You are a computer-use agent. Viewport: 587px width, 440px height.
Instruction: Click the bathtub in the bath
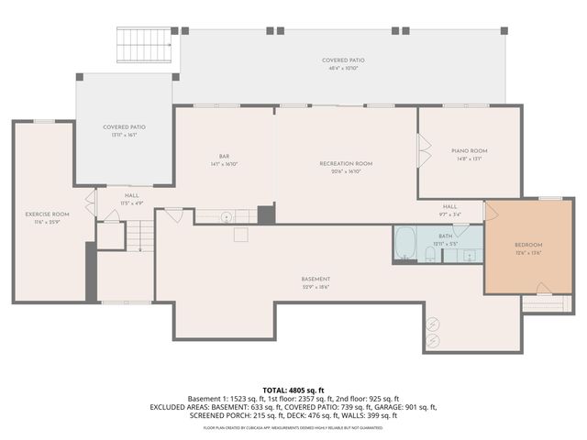[x=405, y=243]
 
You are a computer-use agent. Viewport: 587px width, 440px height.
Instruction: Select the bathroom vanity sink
[x=469, y=254]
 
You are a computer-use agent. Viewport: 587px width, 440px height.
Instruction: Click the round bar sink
[x=227, y=216]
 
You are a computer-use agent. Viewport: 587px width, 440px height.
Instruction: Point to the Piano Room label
[x=468, y=150]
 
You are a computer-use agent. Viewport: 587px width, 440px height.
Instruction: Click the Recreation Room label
[x=345, y=163]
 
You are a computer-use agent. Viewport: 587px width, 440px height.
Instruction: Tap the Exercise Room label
[x=47, y=214]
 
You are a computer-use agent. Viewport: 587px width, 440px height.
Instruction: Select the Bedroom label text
[x=527, y=245]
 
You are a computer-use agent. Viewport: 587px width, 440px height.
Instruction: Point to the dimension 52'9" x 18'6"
[x=316, y=286]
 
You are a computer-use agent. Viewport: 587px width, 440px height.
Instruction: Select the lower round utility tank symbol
[x=433, y=340]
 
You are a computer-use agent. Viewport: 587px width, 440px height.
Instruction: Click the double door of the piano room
[x=423, y=149]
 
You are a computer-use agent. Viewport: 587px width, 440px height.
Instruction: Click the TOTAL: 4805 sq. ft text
[x=293, y=390]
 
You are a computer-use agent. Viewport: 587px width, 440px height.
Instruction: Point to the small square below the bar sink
[x=239, y=235]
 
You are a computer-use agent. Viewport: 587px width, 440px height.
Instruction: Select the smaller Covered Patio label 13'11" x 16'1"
[x=125, y=130]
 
